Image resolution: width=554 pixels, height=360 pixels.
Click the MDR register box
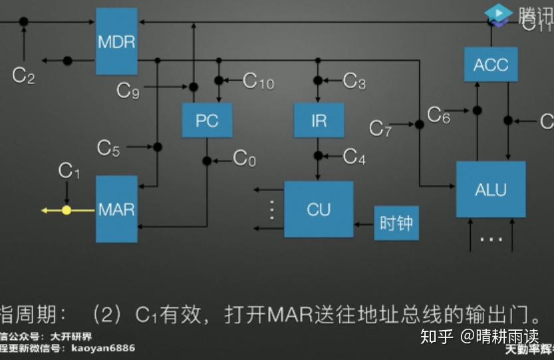point(116,41)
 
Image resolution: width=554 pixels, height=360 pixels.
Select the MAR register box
point(116,209)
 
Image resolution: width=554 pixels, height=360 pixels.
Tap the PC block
point(207,120)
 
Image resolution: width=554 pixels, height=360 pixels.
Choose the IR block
point(319,120)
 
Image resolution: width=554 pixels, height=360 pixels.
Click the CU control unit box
point(319,209)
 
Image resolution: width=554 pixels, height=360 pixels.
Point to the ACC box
point(491,65)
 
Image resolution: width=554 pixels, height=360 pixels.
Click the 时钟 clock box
point(396,223)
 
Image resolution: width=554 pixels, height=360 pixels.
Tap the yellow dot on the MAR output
point(67,210)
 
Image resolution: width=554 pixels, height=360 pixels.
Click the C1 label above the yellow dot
point(69,171)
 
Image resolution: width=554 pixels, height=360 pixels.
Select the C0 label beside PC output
point(244,158)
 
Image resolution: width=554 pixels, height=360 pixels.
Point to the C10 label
point(258,81)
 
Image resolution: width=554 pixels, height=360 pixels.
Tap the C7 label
point(380,128)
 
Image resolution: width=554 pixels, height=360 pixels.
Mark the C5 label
point(108,147)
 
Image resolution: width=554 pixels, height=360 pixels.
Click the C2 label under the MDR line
point(23,75)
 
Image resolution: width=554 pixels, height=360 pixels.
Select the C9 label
point(128,90)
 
